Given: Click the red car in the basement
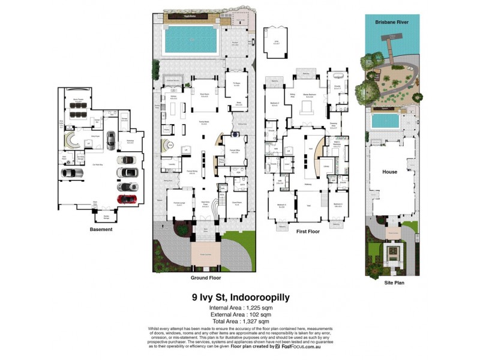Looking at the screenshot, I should [127, 199].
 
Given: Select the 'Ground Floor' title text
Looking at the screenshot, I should [206, 278].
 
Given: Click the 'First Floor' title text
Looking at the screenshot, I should [307, 230].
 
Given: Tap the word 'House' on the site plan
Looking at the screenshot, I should [390, 172].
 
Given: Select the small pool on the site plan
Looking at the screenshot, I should [385, 122].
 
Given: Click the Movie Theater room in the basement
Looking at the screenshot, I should [78, 108].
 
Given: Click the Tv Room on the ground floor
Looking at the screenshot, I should [236, 86].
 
